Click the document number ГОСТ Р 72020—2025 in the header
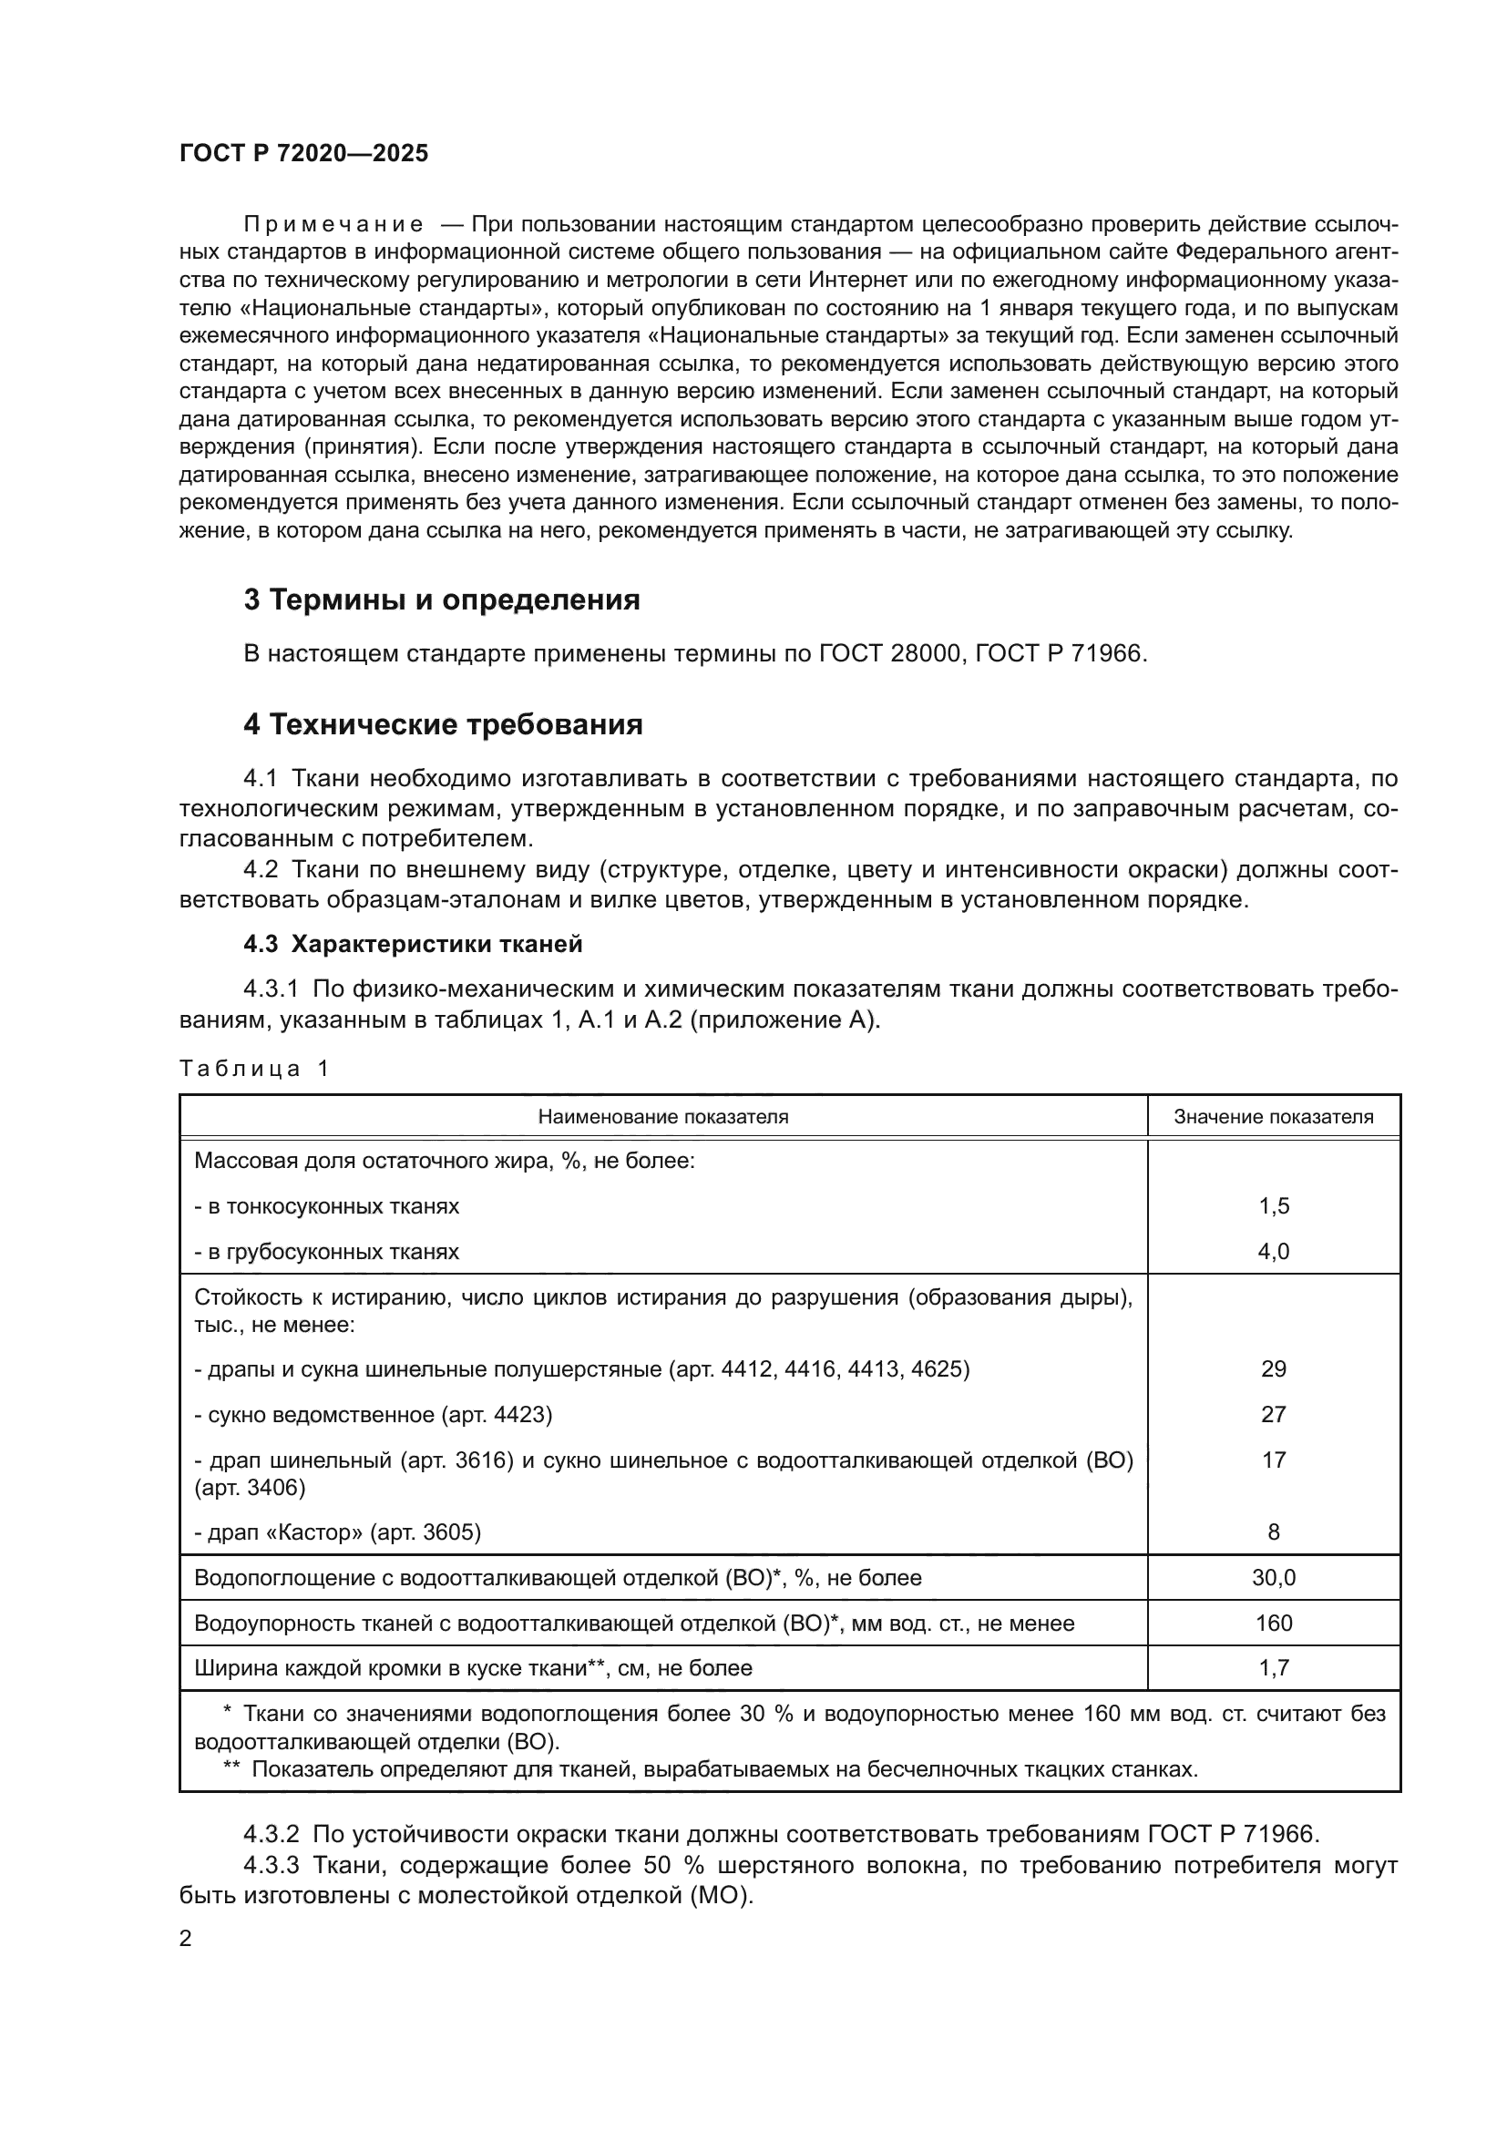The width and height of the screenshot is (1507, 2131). [303, 154]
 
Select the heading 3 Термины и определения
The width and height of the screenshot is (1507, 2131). [442, 600]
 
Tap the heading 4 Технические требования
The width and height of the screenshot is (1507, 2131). [443, 725]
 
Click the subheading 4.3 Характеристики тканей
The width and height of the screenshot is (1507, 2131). [413, 945]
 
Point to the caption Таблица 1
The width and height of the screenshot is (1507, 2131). [254, 1069]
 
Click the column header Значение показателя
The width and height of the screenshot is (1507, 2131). [1273, 1117]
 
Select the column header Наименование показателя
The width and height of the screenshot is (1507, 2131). [662, 1117]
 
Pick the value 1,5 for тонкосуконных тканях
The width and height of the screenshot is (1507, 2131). [1273, 1206]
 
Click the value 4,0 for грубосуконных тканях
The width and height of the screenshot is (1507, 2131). [1273, 1252]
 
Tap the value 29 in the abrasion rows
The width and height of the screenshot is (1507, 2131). [1273, 1369]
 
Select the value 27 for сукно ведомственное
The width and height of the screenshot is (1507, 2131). [1273, 1415]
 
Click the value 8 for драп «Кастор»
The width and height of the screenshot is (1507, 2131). [1273, 1532]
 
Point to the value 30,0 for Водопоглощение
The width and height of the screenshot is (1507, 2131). [1273, 1578]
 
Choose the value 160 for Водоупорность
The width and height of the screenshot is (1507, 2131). [1273, 1624]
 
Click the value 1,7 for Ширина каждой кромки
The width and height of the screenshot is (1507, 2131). [1273, 1668]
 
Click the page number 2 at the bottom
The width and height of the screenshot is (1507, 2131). [186, 1939]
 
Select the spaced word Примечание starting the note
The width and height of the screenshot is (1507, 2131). [333, 225]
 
